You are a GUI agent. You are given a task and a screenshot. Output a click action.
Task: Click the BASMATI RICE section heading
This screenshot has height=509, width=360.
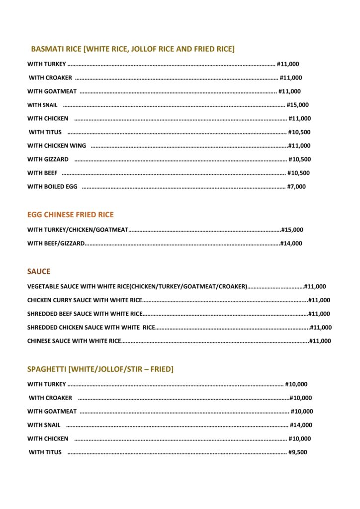click(132, 49)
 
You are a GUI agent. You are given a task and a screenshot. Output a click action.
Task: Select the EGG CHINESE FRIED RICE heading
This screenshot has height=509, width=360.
click(70, 215)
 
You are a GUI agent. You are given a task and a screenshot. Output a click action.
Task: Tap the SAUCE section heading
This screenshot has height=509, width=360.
click(39, 272)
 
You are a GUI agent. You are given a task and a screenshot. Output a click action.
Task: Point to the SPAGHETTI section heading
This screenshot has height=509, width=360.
click(100, 369)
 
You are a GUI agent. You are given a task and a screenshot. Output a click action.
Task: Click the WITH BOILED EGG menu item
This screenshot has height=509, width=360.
click(52, 187)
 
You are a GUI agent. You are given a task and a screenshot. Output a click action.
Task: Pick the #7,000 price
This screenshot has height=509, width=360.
click(296, 187)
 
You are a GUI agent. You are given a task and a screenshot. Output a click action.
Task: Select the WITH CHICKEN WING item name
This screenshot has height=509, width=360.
click(57, 146)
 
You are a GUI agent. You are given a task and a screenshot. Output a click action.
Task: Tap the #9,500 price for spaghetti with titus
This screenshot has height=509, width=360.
click(298, 452)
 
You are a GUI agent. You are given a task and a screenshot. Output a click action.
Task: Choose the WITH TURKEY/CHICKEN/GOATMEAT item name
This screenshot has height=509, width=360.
click(78, 230)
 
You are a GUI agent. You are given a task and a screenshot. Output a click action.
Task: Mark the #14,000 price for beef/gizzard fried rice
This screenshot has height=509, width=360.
click(291, 244)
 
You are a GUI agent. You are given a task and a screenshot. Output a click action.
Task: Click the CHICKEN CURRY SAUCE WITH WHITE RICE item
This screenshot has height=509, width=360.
click(85, 300)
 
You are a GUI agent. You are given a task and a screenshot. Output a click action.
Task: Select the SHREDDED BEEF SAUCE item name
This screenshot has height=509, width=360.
click(85, 314)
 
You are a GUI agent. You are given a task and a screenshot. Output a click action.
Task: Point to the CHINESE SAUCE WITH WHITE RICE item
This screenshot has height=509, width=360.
click(74, 341)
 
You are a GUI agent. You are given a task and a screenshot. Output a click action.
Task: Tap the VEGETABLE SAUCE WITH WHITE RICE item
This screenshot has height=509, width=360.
click(137, 286)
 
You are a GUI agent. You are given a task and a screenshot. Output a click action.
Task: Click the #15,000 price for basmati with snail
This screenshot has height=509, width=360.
click(298, 105)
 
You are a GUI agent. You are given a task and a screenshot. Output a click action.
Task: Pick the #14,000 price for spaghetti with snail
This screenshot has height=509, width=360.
click(301, 425)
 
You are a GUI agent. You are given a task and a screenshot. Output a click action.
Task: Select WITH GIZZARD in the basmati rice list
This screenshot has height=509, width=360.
click(48, 160)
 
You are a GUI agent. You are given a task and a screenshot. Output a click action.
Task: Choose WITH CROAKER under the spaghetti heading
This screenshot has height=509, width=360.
click(50, 398)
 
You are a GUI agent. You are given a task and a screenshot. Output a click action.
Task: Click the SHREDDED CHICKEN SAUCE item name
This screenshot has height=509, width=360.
click(91, 328)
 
